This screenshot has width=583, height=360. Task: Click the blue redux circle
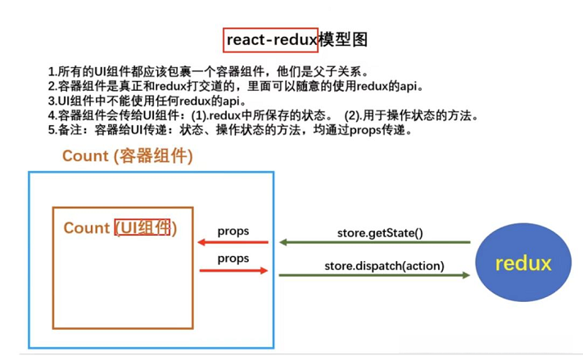click(523, 263)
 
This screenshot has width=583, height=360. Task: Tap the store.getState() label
click(380, 233)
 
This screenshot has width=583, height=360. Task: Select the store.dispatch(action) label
click(384, 266)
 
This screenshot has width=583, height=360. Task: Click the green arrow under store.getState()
click(375, 242)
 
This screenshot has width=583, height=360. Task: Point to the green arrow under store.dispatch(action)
click(374, 275)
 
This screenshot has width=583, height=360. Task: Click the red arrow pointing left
click(233, 242)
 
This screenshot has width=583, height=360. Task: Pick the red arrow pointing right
click(233, 271)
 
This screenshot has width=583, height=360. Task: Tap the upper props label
click(233, 232)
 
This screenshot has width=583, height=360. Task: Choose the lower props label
click(233, 259)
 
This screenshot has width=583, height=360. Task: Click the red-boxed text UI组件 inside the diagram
click(142, 227)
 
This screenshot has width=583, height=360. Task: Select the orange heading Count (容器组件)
click(128, 156)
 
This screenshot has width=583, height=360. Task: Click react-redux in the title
click(271, 40)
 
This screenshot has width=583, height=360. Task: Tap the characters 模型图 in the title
click(343, 40)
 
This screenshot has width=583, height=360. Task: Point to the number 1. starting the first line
click(52, 71)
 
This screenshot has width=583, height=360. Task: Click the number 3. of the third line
click(52, 101)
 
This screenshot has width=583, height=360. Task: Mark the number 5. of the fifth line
click(52, 130)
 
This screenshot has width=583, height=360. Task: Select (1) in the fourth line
click(199, 115)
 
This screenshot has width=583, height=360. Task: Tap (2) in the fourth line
click(352, 115)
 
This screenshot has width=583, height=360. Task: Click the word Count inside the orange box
click(87, 227)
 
